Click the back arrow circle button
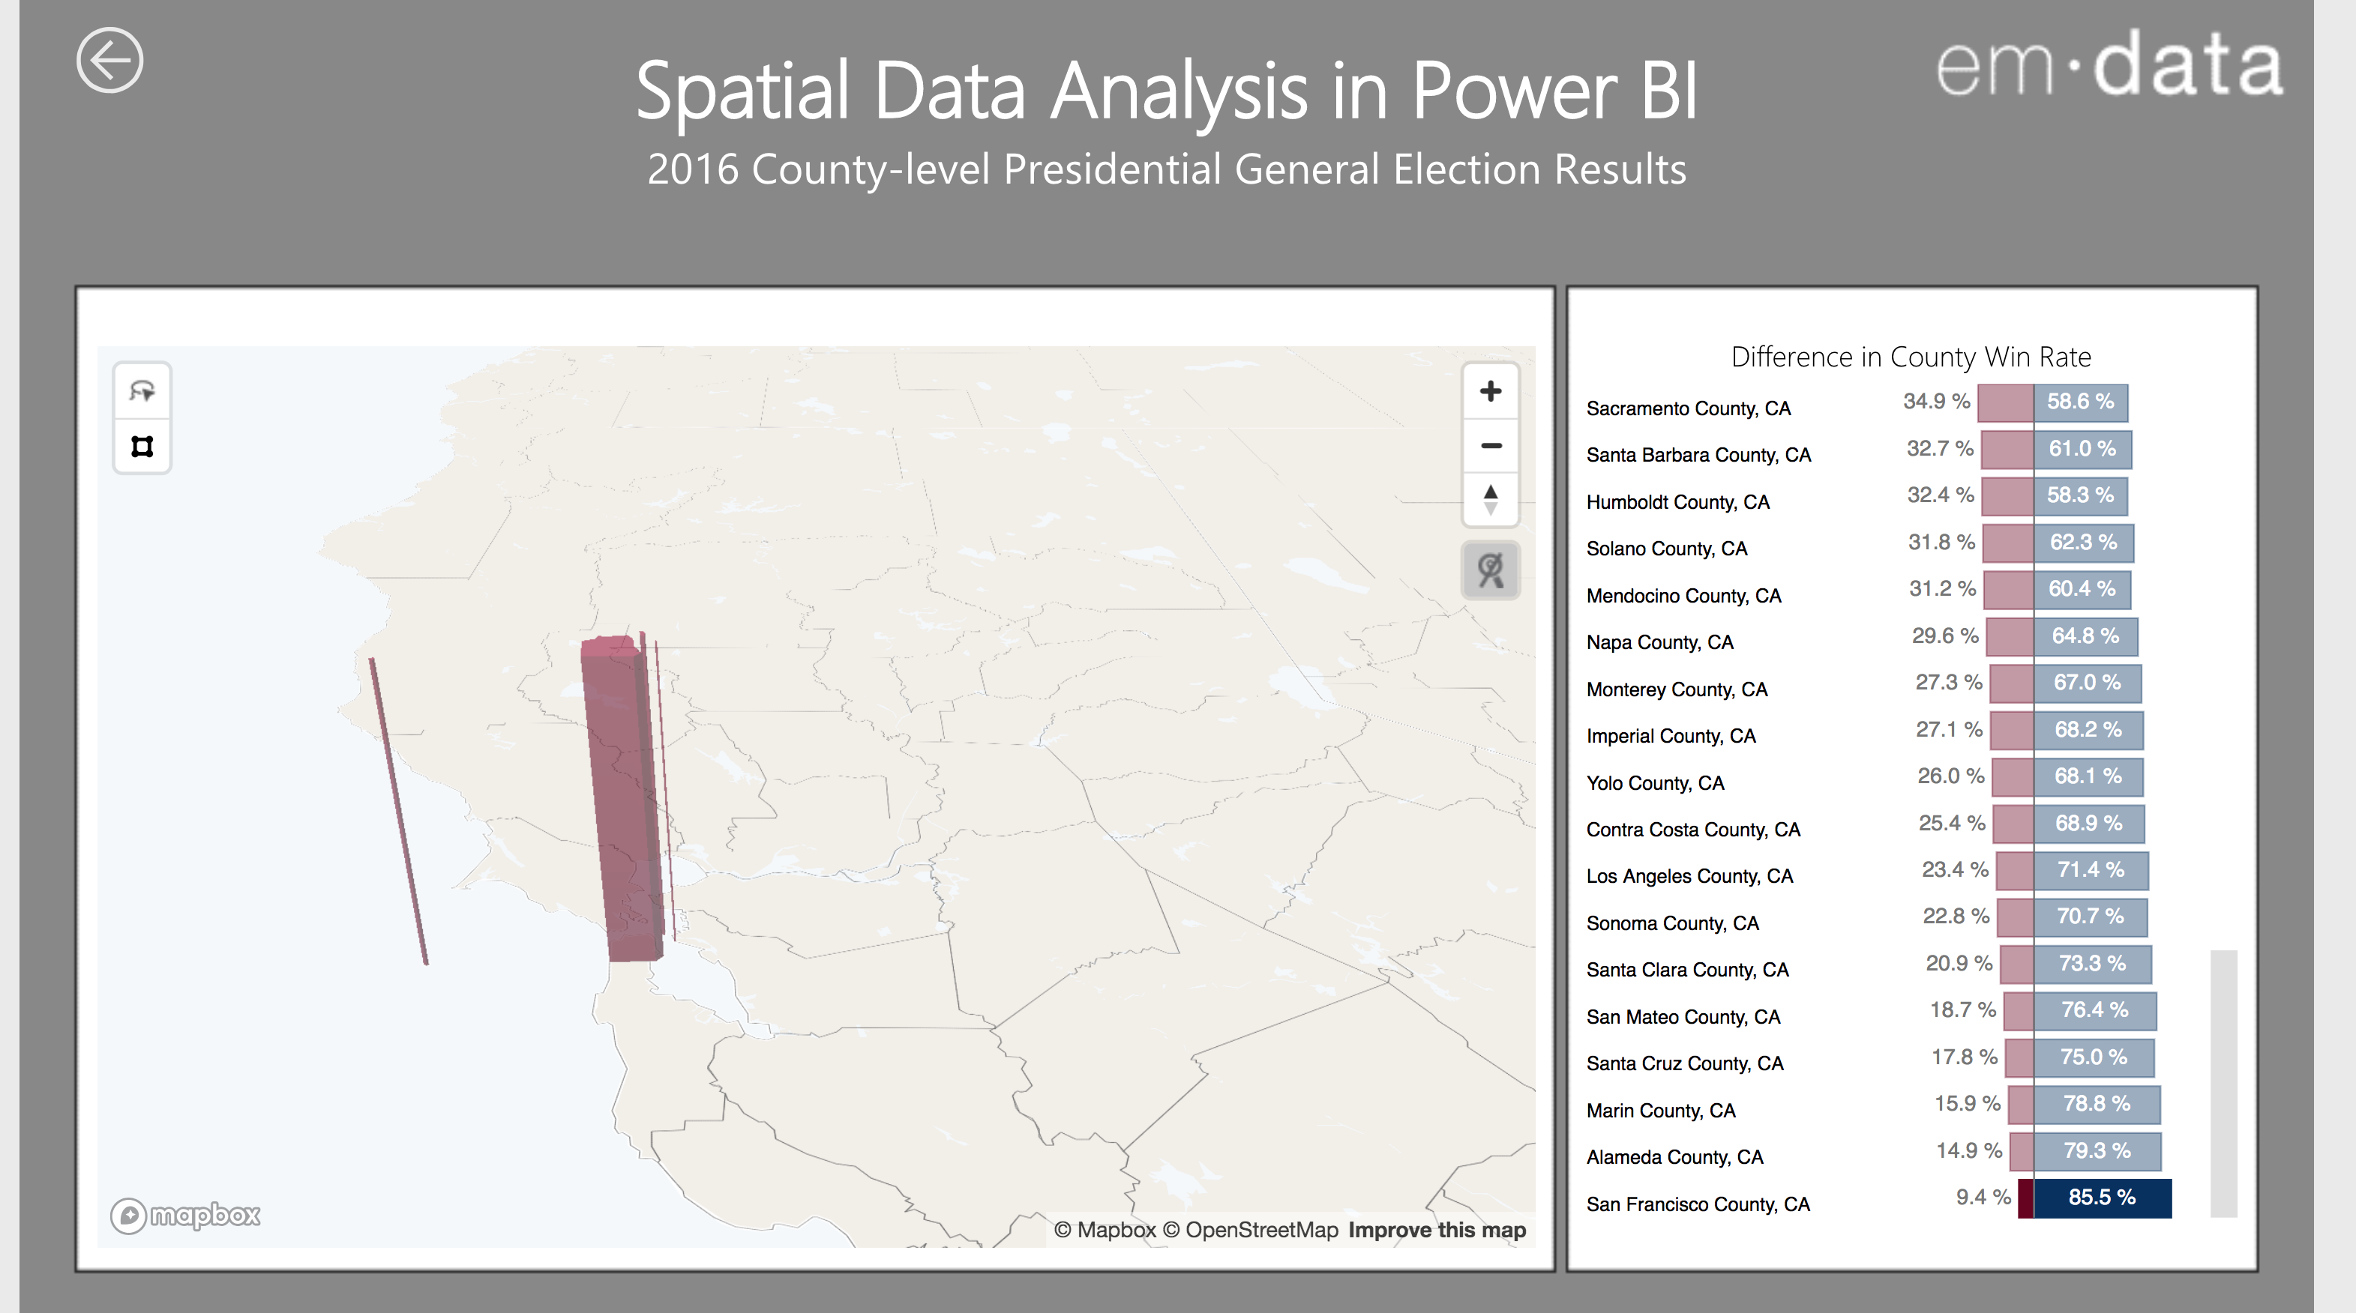click(x=109, y=61)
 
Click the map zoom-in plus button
click(x=1490, y=391)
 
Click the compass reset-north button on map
click(x=1490, y=499)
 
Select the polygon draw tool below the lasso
click(x=142, y=446)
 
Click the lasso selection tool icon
click(x=142, y=391)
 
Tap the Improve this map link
click(x=1436, y=1230)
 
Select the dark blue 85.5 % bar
click(x=2102, y=1198)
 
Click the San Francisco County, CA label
click(x=1698, y=1204)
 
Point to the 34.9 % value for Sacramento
click(x=1936, y=402)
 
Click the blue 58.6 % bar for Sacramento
click(x=2081, y=402)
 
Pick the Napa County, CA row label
click(x=1659, y=642)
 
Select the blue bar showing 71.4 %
click(x=2091, y=869)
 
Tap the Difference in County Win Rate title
click(x=1911, y=357)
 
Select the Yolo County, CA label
click(x=1654, y=782)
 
